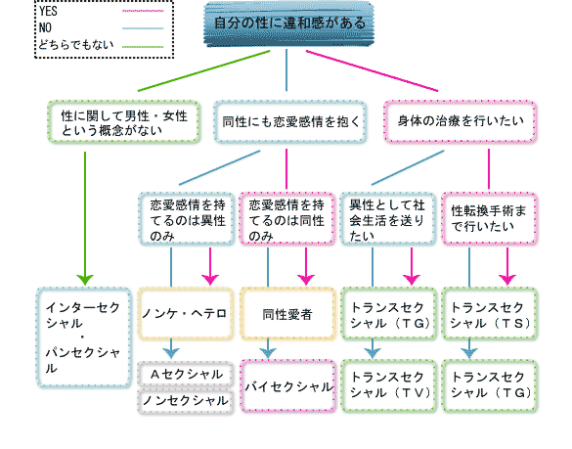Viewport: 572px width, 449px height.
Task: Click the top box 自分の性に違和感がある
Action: (285, 22)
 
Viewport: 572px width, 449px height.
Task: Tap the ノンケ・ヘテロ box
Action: (186, 313)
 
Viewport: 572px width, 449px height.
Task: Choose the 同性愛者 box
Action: (287, 313)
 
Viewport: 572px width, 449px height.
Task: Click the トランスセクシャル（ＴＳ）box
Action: (490, 313)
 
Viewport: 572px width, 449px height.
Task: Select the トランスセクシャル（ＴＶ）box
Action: (388, 382)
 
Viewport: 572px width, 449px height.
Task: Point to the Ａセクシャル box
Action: (186, 375)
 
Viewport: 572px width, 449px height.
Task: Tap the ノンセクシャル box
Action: (186, 400)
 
